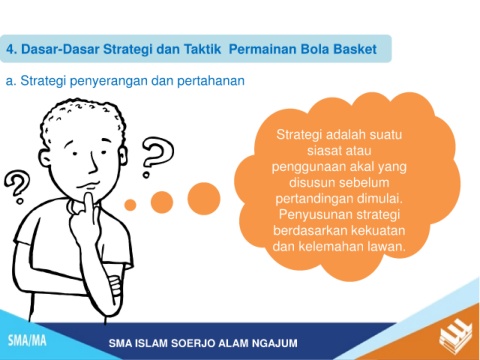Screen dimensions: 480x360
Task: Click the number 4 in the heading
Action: (x=11, y=49)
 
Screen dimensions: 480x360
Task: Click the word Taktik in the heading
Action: (x=203, y=49)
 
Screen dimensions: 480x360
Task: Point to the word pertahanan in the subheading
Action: (x=211, y=81)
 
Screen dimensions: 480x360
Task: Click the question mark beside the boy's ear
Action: (x=157, y=157)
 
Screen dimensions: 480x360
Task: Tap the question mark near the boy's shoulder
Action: (x=17, y=187)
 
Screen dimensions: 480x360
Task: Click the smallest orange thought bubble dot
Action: (x=130, y=205)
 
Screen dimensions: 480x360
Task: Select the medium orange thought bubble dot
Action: (x=162, y=202)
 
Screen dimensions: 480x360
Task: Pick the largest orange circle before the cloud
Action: (x=204, y=199)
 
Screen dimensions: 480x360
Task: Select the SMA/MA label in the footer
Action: (x=27, y=341)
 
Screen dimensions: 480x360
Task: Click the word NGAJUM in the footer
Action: (x=275, y=343)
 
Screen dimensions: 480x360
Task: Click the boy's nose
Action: (x=94, y=166)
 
